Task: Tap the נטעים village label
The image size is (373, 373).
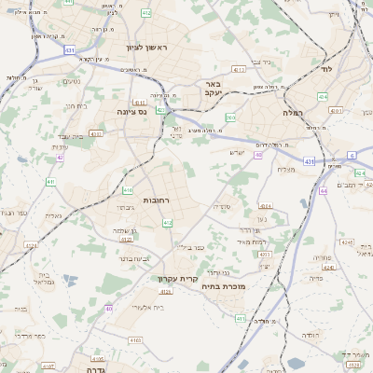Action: click(70, 80)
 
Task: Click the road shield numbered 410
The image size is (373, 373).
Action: click(127, 191)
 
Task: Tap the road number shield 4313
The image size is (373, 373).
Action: click(264, 253)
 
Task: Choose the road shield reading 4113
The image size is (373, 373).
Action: click(240, 69)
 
